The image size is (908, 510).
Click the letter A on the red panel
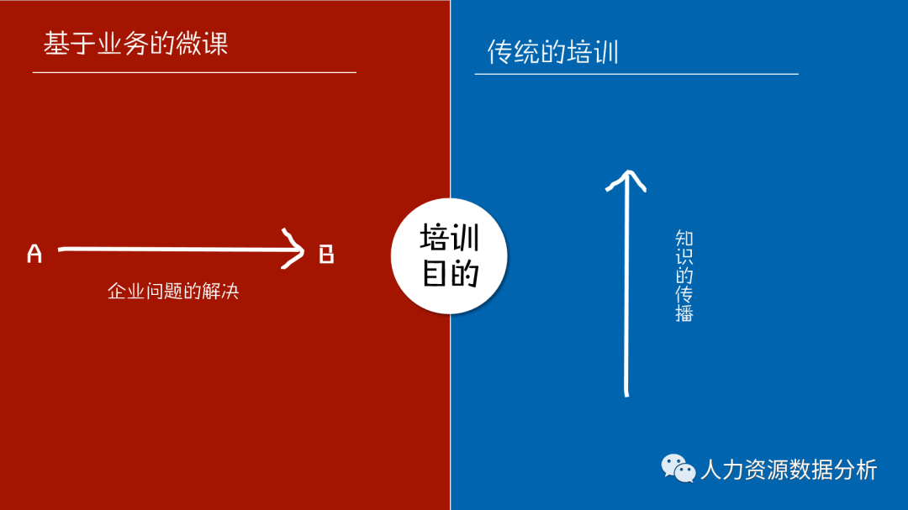[x=34, y=253]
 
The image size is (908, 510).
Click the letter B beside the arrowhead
[x=326, y=253]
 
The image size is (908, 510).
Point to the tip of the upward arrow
[x=626, y=173]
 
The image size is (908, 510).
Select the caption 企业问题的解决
[x=173, y=292]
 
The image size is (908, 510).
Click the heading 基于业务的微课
[x=135, y=44]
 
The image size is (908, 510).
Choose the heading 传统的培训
[x=552, y=52]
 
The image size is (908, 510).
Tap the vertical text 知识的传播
[x=684, y=276]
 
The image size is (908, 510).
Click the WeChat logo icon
[x=678, y=468]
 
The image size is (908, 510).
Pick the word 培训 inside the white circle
[x=449, y=238]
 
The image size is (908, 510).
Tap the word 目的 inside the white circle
[x=449, y=273]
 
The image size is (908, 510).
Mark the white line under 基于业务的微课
[x=194, y=72]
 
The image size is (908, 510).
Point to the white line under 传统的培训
[x=636, y=74]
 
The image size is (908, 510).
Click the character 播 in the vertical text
[x=684, y=313]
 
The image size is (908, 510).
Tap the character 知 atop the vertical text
[x=684, y=239]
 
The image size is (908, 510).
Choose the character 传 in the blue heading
[x=500, y=52]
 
